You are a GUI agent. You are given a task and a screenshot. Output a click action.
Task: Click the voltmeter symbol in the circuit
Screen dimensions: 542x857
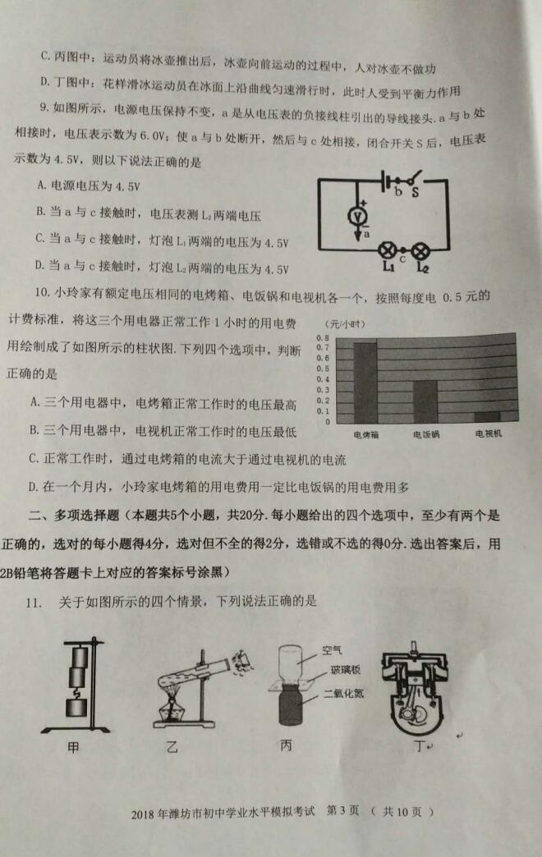[358, 216]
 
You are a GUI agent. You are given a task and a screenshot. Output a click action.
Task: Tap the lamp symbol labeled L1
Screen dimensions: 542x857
[388, 251]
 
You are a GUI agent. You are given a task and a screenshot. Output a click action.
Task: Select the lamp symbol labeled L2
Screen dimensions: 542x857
[420, 251]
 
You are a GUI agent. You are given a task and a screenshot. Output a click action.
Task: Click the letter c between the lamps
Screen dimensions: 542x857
[402, 259]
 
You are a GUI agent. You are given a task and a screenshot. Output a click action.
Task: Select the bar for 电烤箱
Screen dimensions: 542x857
[365, 383]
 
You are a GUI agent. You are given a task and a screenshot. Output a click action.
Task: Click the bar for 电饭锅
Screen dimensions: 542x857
[425, 401]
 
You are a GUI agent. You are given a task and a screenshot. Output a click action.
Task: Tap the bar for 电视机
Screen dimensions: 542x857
[487, 416]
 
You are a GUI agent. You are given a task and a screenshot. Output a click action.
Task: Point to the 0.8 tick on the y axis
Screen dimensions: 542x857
[324, 337]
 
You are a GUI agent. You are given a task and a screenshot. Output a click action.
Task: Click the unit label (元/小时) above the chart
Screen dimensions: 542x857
[345, 324]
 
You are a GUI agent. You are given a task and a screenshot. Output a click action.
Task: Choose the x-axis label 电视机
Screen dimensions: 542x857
[488, 434]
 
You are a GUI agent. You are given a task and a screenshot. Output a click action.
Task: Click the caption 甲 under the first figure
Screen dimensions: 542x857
[73, 747]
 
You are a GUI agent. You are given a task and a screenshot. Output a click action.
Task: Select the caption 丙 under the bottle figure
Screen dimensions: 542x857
[286, 745]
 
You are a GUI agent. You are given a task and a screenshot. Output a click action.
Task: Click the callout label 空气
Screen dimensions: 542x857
[332, 650]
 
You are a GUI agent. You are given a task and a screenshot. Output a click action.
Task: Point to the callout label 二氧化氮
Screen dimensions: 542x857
[343, 694]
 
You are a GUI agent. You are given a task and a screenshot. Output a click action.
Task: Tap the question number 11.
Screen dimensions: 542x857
[34, 603]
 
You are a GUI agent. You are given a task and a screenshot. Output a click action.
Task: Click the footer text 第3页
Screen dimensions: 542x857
[342, 810]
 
